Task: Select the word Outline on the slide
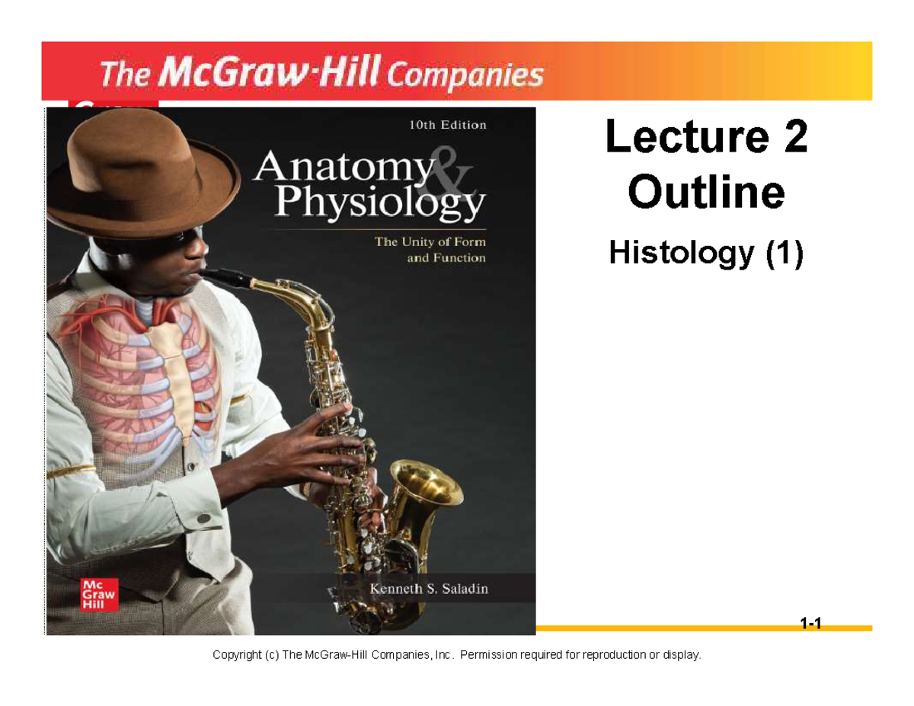(x=706, y=193)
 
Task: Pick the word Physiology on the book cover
(x=379, y=203)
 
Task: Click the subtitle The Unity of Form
(x=428, y=243)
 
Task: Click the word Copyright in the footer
(x=238, y=655)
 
